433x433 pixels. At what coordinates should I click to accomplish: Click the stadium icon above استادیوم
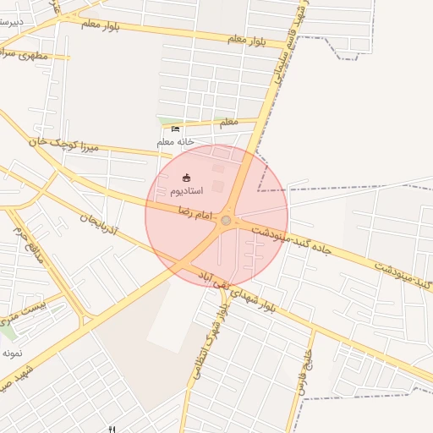pos(186,177)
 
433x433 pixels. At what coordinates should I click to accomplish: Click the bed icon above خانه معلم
pos(175,129)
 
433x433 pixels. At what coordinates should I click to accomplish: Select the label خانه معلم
pos(176,142)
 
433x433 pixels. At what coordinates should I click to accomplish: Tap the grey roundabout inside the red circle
pos(226,221)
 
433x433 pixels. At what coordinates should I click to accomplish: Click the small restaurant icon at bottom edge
pos(111,429)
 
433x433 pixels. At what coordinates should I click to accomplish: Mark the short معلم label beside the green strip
pos(228,123)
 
